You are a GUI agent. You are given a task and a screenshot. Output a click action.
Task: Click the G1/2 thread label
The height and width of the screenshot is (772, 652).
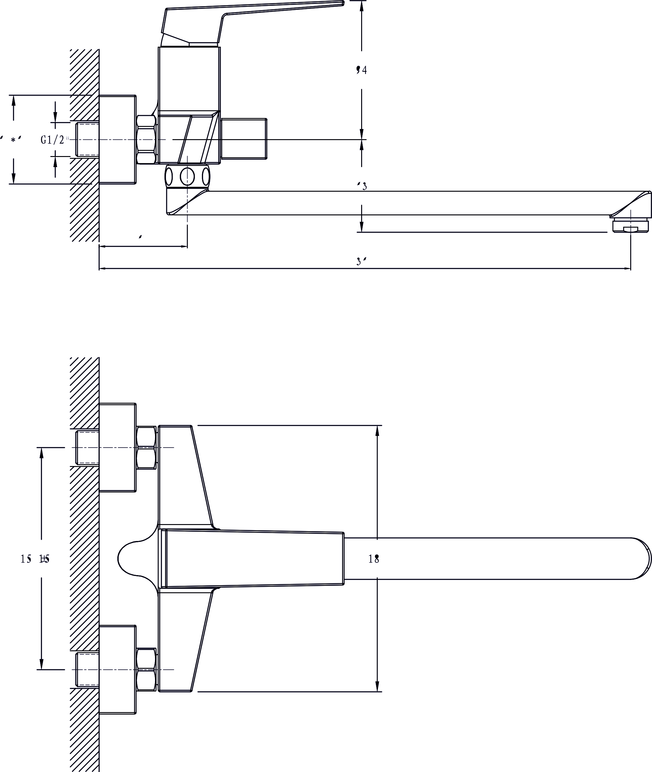52,140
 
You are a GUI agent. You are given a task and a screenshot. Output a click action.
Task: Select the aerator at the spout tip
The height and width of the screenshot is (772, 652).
631,226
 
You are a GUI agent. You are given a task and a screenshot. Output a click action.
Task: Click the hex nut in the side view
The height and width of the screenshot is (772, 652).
146,139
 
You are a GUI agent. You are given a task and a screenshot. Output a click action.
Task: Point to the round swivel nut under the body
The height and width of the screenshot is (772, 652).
187,177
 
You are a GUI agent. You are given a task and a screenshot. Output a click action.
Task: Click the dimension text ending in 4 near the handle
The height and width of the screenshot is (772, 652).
361,70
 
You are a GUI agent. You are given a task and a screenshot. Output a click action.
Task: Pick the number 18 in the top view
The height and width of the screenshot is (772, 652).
374,559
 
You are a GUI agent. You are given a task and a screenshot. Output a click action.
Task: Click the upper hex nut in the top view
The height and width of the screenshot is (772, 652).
146,448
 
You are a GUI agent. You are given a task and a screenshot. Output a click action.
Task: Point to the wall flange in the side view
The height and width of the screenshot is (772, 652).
117,139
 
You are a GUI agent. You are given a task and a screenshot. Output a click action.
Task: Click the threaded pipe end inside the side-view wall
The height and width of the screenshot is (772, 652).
87,139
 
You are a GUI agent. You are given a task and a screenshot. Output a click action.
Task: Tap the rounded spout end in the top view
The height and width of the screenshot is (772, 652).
641,558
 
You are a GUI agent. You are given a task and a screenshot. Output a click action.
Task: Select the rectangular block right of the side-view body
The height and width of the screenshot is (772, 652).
244,139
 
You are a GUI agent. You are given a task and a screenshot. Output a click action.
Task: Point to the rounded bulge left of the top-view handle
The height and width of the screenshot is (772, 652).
133,558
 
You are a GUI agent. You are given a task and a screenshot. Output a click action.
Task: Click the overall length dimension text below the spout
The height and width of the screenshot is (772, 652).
361,261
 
